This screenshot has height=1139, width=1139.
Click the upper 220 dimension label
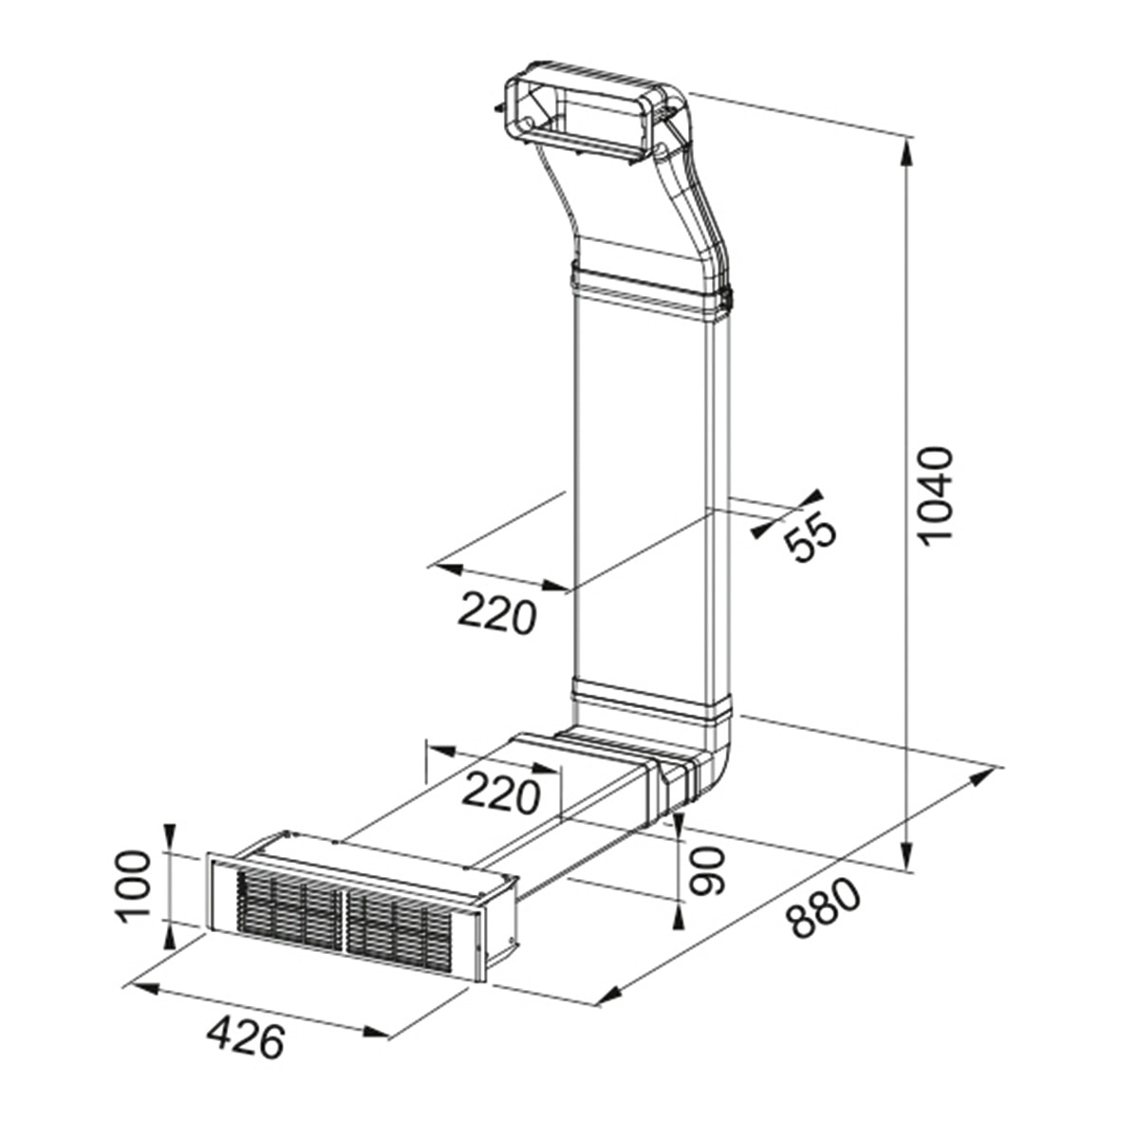click(x=496, y=615)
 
